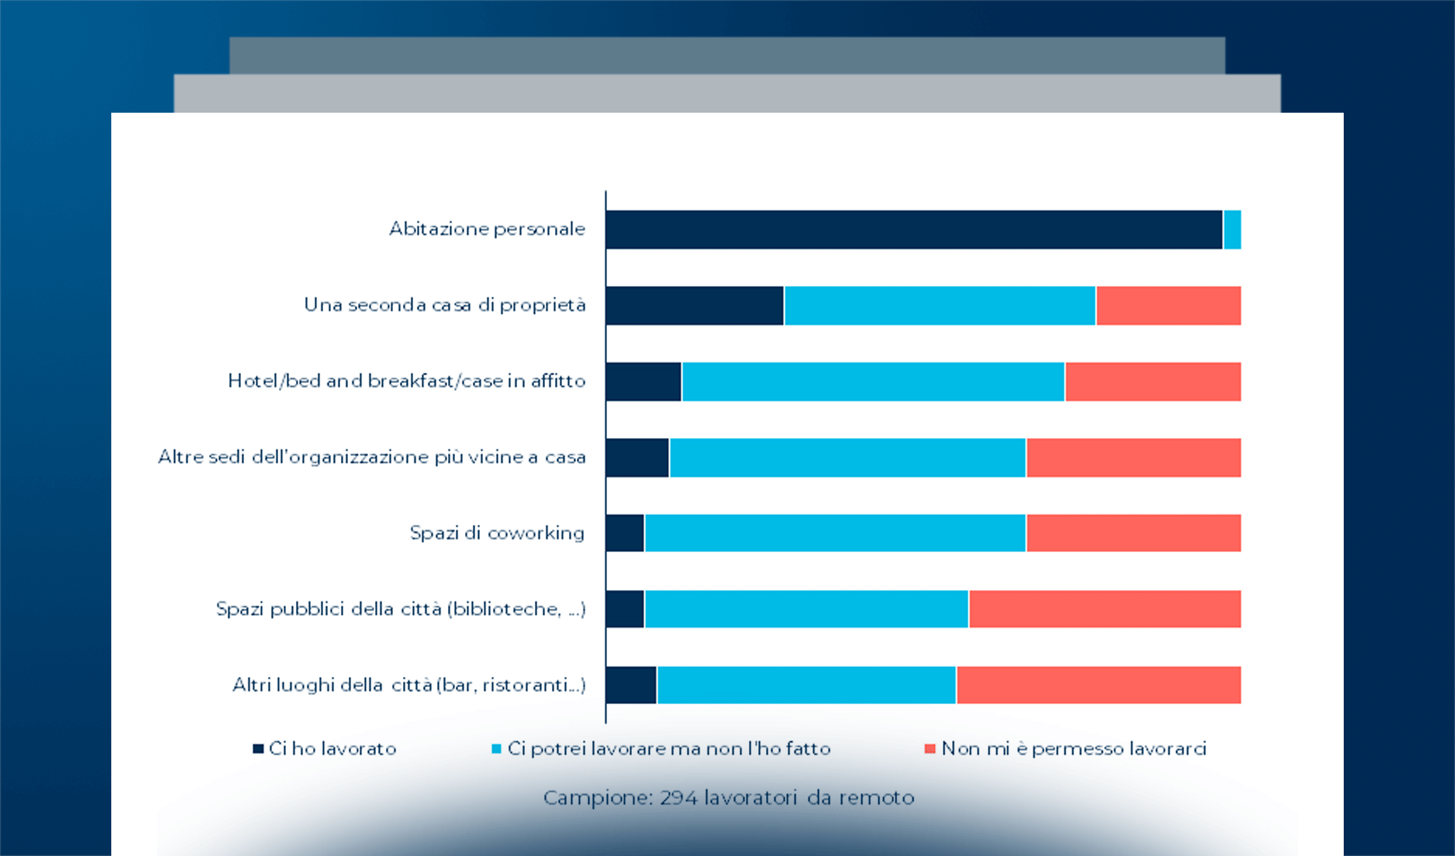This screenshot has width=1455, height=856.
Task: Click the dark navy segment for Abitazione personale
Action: coord(913,230)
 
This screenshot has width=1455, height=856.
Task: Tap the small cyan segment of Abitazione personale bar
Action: coord(1232,230)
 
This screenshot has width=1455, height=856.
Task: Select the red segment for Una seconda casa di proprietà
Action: coord(1168,306)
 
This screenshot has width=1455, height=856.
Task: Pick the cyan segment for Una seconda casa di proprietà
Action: coord(939,306)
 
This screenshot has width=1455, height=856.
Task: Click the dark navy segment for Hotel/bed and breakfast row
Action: coord(643,382)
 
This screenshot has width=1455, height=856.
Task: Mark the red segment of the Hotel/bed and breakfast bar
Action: coord(1153,382)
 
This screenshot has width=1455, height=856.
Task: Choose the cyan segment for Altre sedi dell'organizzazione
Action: coord(847,457)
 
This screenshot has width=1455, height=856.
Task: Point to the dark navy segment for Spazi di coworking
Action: coord(625,533)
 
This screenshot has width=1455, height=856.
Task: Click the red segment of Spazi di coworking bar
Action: coord(1133,533)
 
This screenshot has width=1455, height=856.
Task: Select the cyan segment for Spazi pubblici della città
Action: coord(806,609)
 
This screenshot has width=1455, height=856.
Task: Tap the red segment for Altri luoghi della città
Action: coord(1098,685)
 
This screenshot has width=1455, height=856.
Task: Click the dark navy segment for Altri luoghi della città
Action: coord(631,685)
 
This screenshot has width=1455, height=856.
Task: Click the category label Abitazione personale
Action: coord(486,229)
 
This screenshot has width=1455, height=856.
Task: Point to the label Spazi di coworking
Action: coord(496,533)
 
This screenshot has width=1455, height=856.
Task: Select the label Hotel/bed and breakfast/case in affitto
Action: coord(407,381)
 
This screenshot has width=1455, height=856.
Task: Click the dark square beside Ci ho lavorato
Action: coord(258,748)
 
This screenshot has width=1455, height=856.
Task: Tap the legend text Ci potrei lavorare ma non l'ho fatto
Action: coord(668,748)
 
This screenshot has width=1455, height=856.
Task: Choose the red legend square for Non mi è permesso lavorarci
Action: coord(929,748)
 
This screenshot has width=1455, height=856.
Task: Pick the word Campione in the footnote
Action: coord(597,798)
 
